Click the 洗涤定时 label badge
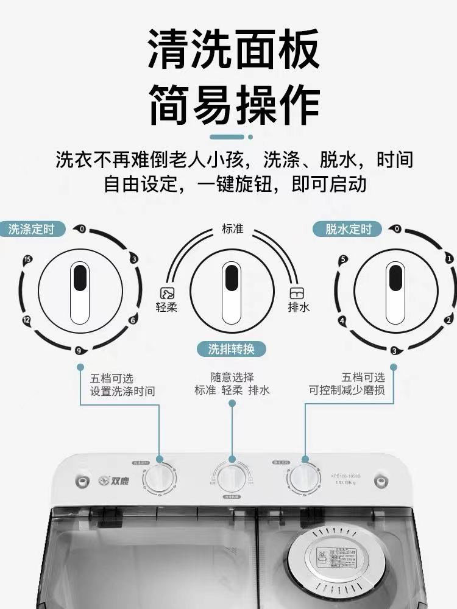(31, 229)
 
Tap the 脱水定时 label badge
(348, 229)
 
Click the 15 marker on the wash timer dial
(27, 259)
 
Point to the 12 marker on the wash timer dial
(26, 320)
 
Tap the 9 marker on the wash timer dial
(78, 350)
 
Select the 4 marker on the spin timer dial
(342, 320)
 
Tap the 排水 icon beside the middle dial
(297, 293)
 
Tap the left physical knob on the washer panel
(159, 480)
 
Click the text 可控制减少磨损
(347, 391)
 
